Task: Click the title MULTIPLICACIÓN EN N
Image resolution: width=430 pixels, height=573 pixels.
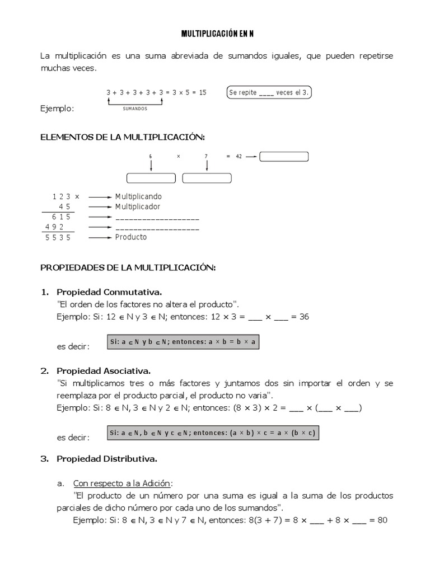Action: [217, 34]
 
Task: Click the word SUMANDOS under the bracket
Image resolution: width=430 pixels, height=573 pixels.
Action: [135, 109]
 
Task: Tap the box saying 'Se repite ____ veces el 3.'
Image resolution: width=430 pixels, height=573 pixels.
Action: [270, 92]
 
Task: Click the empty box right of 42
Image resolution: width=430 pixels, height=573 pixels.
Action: [284, 157]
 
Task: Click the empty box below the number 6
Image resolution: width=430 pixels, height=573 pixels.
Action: [151, 179]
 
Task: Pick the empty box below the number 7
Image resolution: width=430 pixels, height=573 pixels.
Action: [207, 179]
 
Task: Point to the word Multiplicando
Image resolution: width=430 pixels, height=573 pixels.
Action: [138, 197]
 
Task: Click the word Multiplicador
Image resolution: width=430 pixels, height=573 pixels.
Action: [138, 207]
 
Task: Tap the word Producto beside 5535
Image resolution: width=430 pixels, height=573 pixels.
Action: [131, 237]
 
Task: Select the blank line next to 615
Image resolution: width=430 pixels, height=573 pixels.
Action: [157, 218]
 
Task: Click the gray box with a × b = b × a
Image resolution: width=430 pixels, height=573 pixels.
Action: [183, 342]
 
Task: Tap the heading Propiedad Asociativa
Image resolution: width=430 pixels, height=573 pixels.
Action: [104, 371]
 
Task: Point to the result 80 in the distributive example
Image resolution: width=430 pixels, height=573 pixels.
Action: [382, 520]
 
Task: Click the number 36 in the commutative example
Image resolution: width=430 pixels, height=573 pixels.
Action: [303, 317]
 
